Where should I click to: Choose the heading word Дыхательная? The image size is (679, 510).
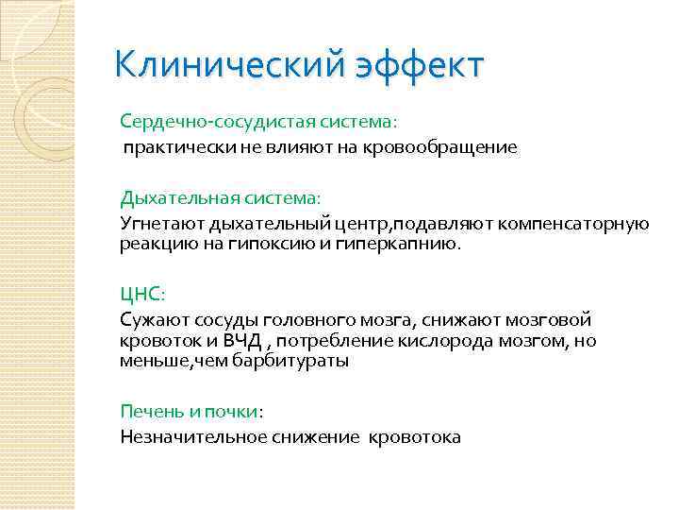[169, 198]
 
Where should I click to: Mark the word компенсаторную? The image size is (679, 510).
[579, 223]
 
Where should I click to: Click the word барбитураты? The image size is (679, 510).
[298, 360]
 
